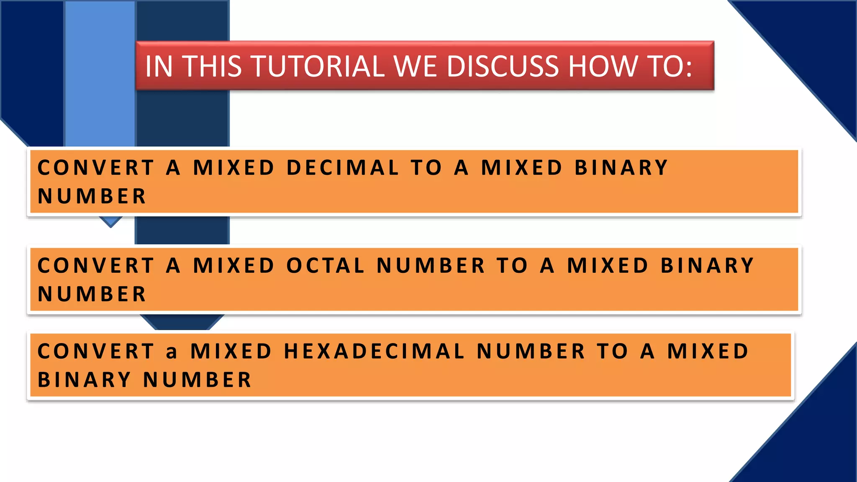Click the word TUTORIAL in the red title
318,67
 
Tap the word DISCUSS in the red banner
502,67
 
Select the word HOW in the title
603,67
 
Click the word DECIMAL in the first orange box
343,168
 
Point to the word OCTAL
325,266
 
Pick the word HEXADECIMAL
374,351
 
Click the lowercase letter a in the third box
171,352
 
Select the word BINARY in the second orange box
707,266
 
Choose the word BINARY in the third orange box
84,380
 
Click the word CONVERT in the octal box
96,266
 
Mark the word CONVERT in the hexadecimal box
96,351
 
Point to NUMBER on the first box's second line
92,196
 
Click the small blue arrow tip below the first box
111,221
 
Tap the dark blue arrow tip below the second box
182,322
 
